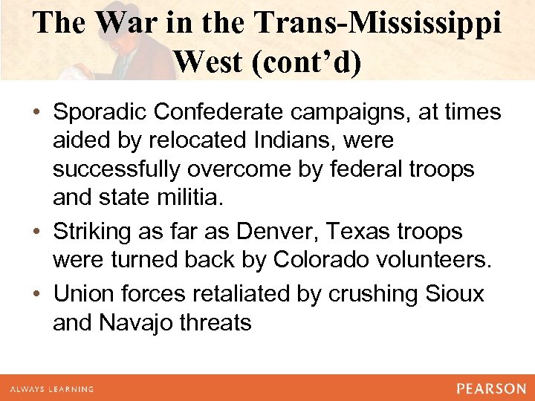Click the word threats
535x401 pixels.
coord(215,323)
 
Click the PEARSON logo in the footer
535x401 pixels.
coord(490,388)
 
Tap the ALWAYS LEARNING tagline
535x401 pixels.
coord(51,388)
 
